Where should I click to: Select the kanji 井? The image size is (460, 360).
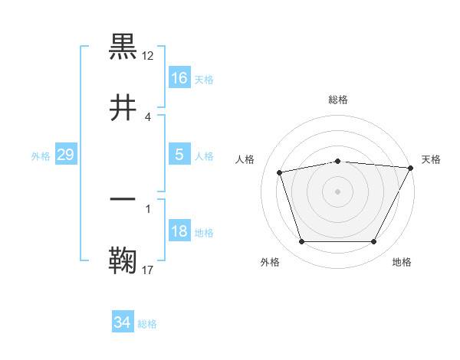click(123, 107)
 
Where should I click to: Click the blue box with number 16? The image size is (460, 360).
click(179, 78)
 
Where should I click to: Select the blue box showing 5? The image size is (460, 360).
click(179, 155)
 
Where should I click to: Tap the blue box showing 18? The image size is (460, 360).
click(179, 232)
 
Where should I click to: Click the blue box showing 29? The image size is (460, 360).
click(66, 155)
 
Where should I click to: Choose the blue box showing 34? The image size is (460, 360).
click(123, 322)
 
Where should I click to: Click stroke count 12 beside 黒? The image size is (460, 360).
click(148, 55)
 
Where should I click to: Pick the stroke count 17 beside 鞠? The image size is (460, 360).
click(148, 269)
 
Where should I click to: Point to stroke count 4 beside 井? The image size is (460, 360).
click(148, 116)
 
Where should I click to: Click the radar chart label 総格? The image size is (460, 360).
click(338, 100)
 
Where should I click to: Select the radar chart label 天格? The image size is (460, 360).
click(431, 159)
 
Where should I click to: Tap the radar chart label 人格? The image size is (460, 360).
click(245, 159)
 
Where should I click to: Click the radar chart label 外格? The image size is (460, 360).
click(270, 262)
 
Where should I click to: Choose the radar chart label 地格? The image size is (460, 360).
click(402, 262)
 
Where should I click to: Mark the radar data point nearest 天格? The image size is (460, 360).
click(411, 168)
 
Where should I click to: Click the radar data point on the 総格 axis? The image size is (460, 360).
click(338, 161)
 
